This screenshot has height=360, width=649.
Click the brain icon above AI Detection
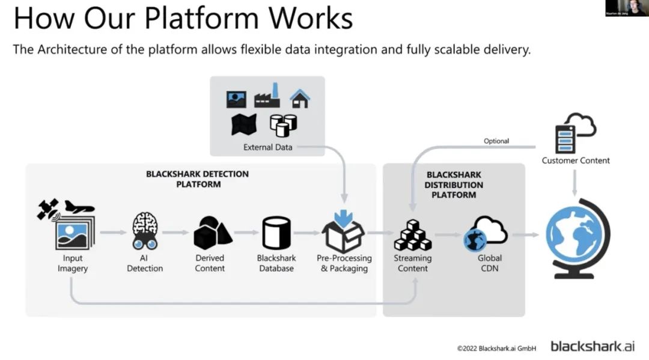pos(145,226)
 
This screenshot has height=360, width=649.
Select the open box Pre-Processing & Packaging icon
pos(343,234)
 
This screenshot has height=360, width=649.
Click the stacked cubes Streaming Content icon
pos(412,236)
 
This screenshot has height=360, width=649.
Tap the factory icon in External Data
pos(267,97)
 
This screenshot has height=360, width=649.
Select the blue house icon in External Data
pos(299,99)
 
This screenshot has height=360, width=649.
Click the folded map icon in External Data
pos(244,124)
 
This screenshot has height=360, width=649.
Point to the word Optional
pos(496,141)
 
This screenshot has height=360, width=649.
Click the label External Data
pos(267,147)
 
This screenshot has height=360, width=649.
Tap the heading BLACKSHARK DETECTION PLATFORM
pos(197,179)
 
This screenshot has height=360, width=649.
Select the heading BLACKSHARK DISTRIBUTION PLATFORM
pos(454,185)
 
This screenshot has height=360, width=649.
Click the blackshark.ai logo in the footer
pos(592,346)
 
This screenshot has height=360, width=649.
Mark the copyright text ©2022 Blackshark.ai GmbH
pos(496,347)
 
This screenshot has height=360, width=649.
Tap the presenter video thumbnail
pos(626,8)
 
